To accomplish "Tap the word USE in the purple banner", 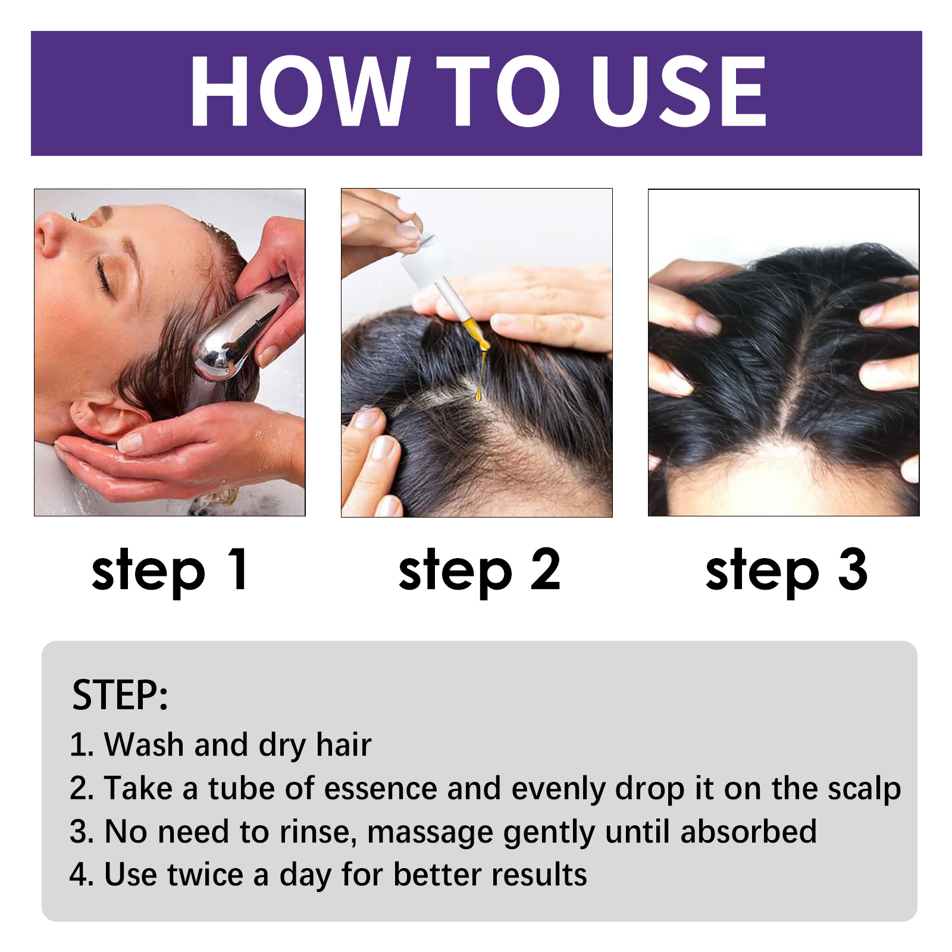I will coord(678,92).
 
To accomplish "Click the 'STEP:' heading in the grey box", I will coord(120,695).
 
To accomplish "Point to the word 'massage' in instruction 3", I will coord(430,832).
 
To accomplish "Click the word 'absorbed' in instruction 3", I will coord(748,831).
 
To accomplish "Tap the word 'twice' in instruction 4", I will coord(205,875).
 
